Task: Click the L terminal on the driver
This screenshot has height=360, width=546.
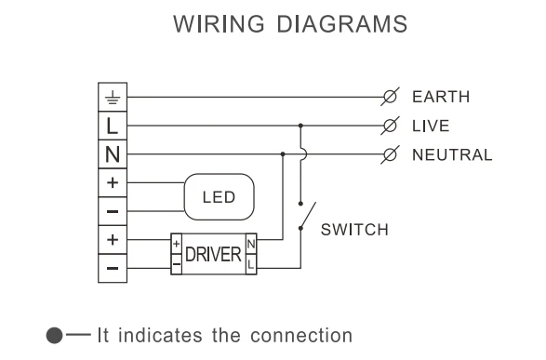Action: coord(249,264)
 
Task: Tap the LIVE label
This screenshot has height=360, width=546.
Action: coord(430,125)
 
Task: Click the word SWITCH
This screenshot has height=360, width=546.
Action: coord(355,230)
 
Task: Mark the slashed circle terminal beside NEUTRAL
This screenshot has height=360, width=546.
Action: coord(392,153)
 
